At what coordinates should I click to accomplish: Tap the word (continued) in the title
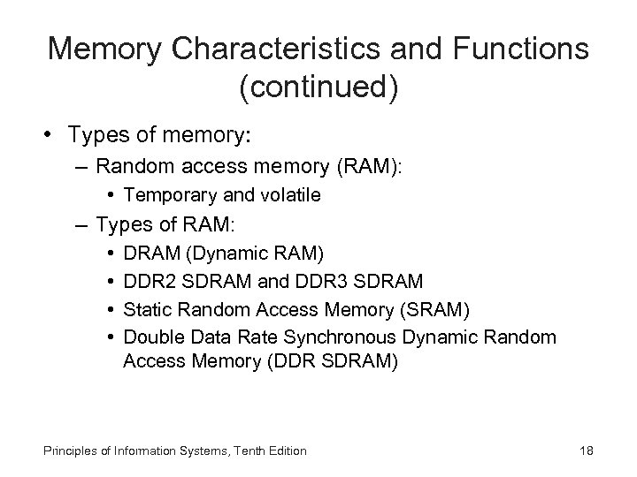(x=318, y=87)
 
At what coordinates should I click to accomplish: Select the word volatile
(x=288, y=195)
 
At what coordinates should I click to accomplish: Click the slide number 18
(x=586, y=451)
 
